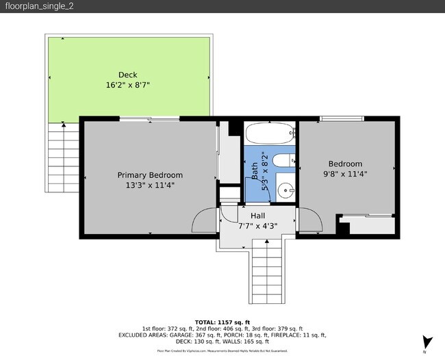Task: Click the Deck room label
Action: pyautogui.click(x=128, y=75)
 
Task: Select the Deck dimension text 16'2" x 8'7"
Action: pyautogui.click(x=128, y=85)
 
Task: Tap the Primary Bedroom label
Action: pyautogui.click(x=150, y=175)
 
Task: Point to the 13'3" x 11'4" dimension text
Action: pyautogui.click(x=150, y=185)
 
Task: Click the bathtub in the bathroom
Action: pyautogui.click(x=270, y=133)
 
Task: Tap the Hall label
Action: pyautogui.click(x=257, y=216)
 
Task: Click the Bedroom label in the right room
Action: pyautogui.click(x=345, y=164)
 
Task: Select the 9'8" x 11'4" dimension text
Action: pyautogui.click(x=345, y=174)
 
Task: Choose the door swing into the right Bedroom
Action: pyautogui.click(x=309, y=222)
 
